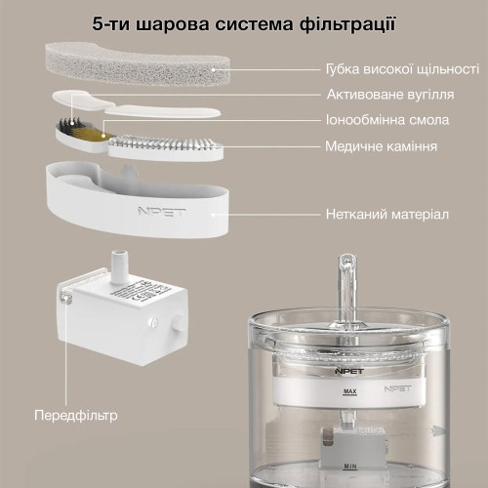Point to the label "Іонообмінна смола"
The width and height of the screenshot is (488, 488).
pos(386,121)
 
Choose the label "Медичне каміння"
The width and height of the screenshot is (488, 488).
pos(381,146)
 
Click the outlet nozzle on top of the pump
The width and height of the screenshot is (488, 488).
pos(119,262)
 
